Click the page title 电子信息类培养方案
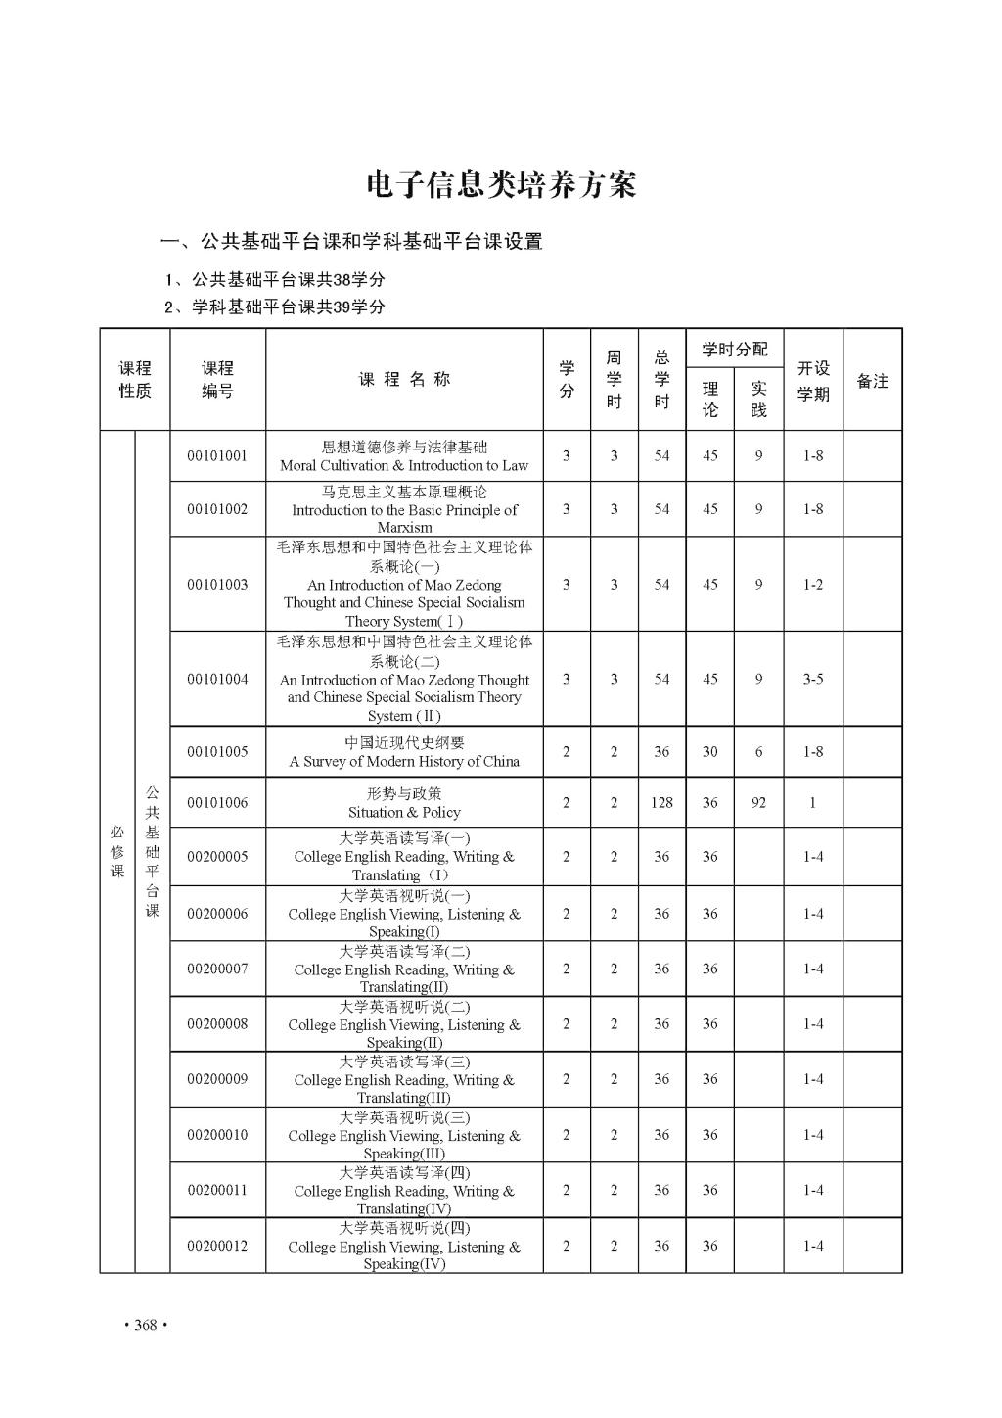pos(500,184)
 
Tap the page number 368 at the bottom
pos(145,1325)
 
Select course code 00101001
pos(217,456)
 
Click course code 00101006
pos(217,803)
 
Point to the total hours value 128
pos(661,803)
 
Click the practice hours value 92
pos(758,803)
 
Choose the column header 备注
pos(872,381)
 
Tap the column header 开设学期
pos(813,381)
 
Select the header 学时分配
pos(735,350)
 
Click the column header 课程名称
pos(404,380)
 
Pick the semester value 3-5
pos(813,679)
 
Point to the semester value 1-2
pos(813,585)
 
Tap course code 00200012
pos(217,1246)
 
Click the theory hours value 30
pos(709,752)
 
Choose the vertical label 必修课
pos(117,851)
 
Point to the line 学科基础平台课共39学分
pos(275,307)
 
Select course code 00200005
pos(217,857)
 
